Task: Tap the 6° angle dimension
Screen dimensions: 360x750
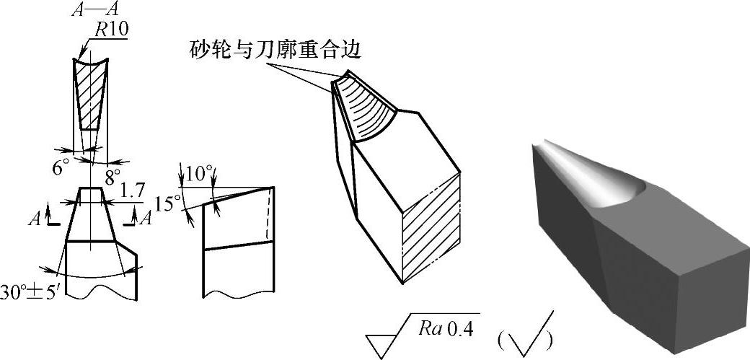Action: point(60,167)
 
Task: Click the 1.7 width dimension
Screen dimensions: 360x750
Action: point(131,191)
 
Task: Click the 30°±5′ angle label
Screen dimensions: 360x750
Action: point(28,295)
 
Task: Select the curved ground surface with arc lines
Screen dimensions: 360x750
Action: point(368,108)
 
